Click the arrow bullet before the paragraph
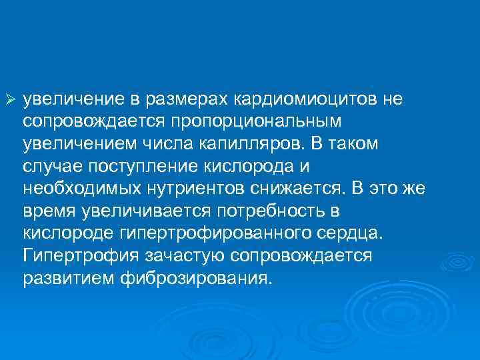click(x=9, y=99)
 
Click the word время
click(x=49, y=212)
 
